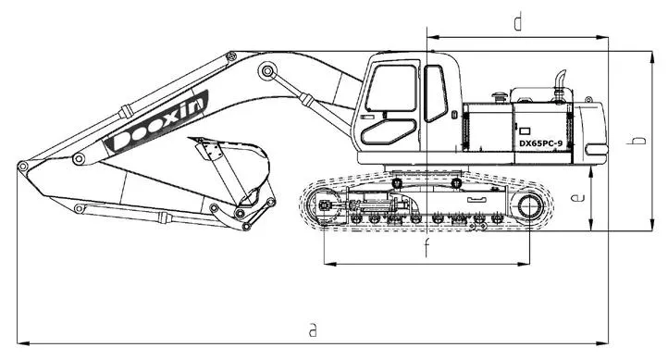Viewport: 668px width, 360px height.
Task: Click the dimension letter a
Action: [x=314, y=329]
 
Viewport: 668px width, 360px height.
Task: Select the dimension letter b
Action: [x=637, y=140]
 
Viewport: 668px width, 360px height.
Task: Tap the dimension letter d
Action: [x=519, y=20]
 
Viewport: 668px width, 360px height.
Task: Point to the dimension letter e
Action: [x=576, y=198]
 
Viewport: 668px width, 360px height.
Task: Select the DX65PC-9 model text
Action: [x=547, y=143]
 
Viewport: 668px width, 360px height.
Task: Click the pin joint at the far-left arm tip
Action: [x=22, y=167]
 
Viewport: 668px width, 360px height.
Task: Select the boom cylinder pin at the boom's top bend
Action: [x=267, y=71]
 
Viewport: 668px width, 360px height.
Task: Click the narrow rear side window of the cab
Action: [x=435, y=93]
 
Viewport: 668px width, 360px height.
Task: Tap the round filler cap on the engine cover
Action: [x=501, y=94]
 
